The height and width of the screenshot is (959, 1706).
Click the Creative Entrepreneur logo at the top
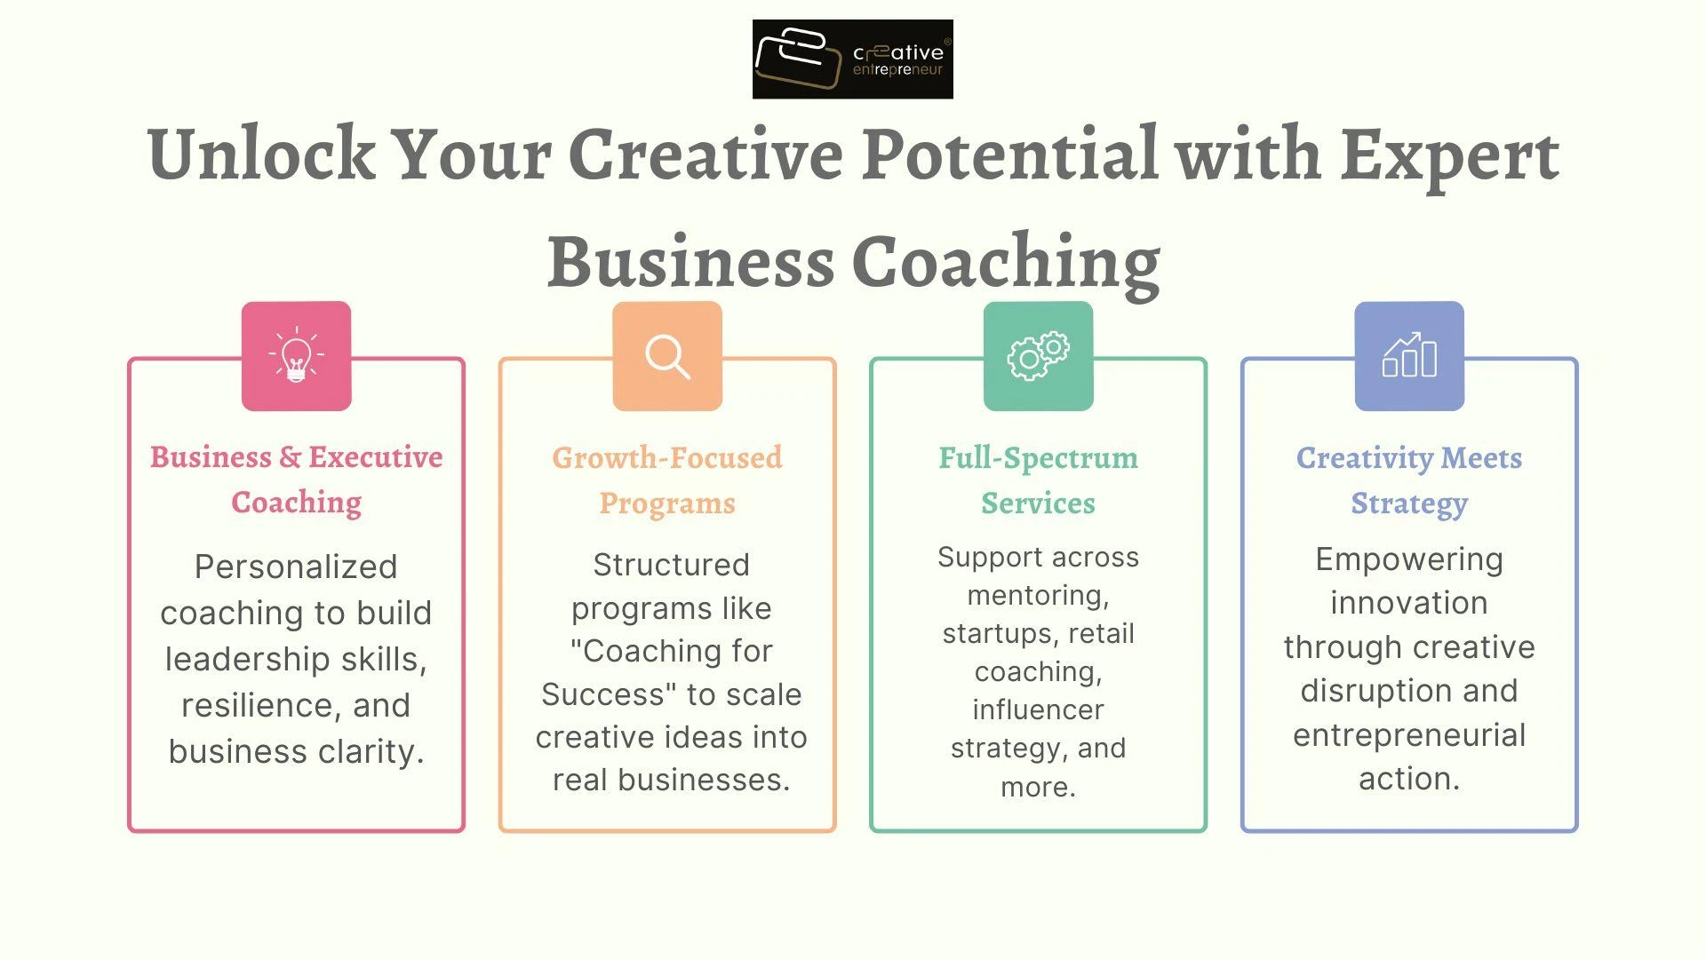(x=852, y=59)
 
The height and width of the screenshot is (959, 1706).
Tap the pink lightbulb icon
(x=296, y=356)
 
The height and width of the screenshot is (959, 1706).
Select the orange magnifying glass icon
(x=667, y=356)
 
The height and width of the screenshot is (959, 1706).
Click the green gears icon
(x=1038, y=356)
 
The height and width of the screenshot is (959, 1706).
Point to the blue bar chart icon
(x=1409, y=356)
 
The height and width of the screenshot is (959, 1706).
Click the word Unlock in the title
(x=261, y=154)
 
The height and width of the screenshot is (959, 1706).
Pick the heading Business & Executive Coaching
(x=296, y=479)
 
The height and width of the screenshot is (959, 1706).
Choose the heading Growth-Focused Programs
(x=667, y=480)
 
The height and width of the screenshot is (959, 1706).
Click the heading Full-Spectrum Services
(x=1038, y=480)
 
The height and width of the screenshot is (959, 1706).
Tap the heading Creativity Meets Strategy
(x=1409, y=480)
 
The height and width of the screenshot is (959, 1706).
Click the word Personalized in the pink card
(x=296, y=567)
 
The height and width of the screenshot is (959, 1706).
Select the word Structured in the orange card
(x=671, y=565)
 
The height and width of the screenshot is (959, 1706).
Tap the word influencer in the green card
(x=1038, y=709)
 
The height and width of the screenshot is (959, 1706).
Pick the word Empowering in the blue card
(x=1409, y=559)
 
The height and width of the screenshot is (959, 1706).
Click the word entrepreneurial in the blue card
(x=1409, y=735)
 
